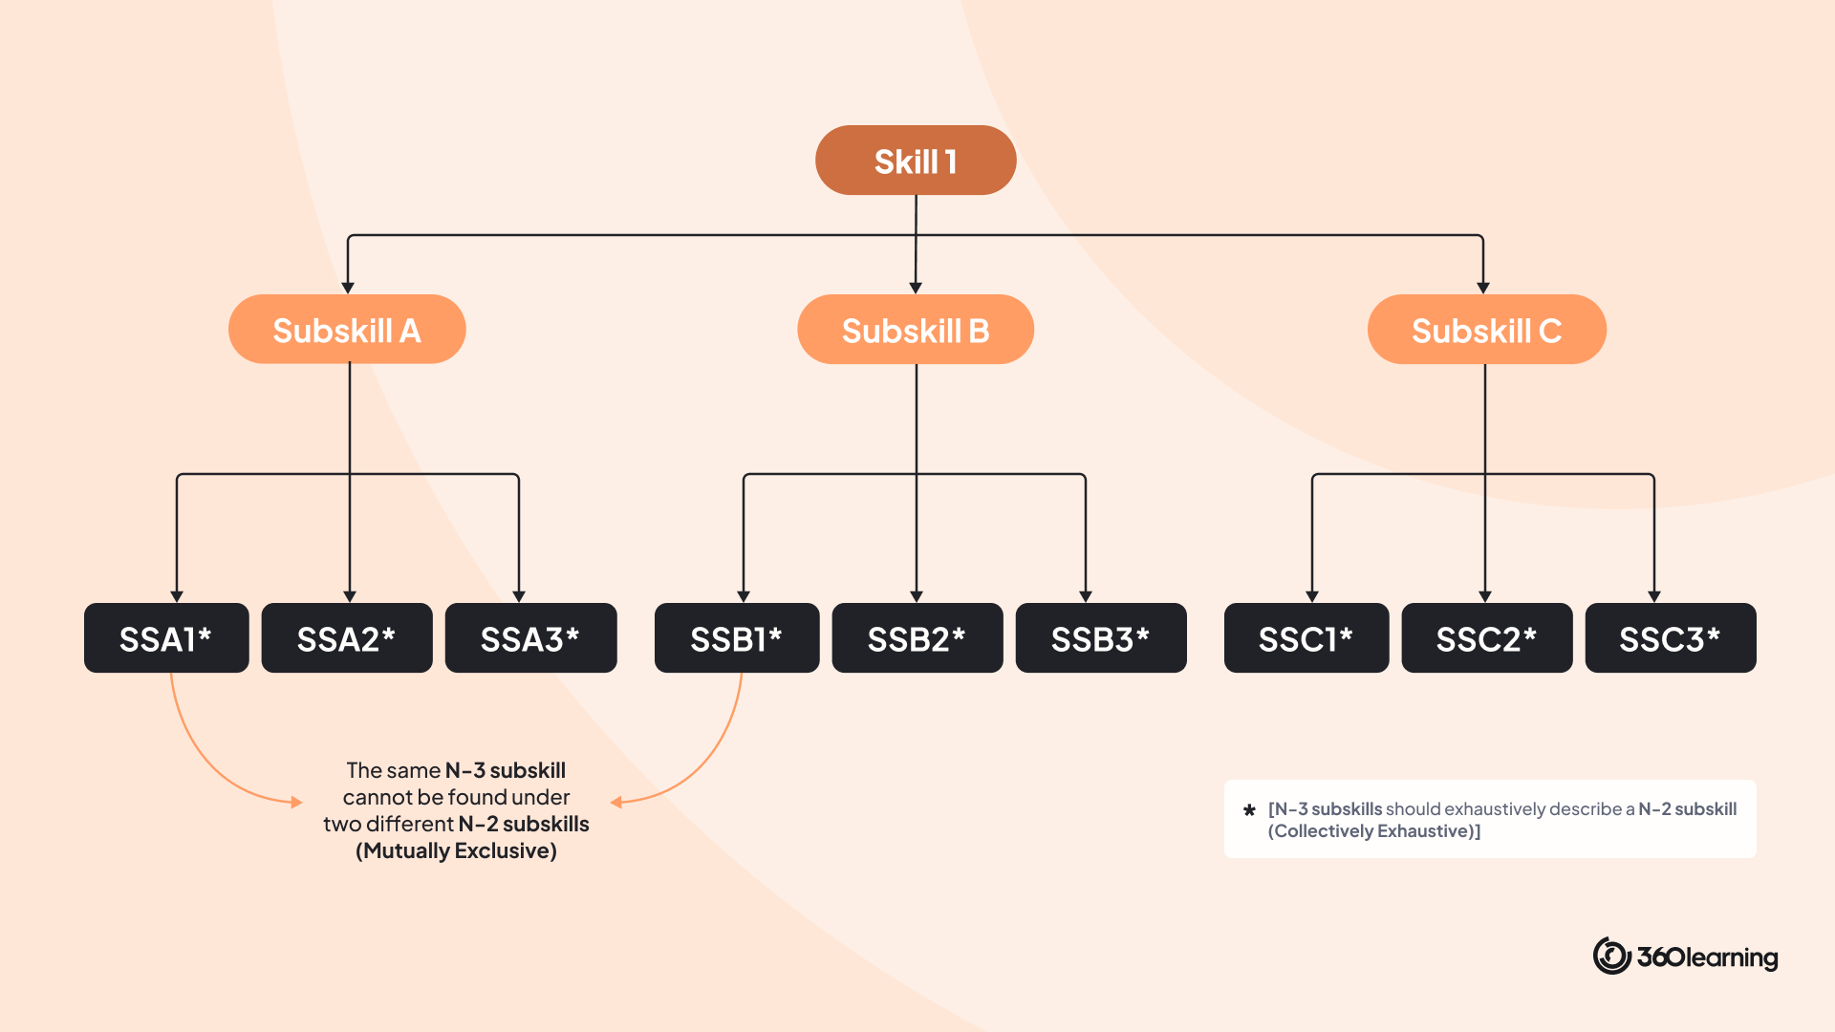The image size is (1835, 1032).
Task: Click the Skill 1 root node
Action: [x=916, y=161]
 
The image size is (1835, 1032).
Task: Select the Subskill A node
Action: [x=347, y=330]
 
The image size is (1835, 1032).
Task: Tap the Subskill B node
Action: [x=916, y=330]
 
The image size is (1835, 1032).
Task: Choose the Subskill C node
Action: [x=1486, y=330]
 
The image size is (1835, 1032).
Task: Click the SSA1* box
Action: [x=166, y=638]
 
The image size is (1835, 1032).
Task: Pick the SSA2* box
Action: [x=347, y=638]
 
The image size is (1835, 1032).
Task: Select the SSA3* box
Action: [x=530, y=638]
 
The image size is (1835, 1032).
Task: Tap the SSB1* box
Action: [x=737, y=638]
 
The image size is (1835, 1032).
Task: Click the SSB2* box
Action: [x=917, y=638]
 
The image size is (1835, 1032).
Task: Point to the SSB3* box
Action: [x=1101, y=638]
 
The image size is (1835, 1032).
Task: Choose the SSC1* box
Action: [x=1306, y=638]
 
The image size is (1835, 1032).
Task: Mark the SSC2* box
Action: [x=1487, y=638]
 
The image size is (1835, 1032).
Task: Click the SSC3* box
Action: [x=1671, y=638]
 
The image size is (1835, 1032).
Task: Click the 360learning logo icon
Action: [x=1611, y=956]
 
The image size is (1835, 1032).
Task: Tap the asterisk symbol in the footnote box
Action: [x=1249, y=810]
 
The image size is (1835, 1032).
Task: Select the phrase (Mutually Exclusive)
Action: [x=456, y=850]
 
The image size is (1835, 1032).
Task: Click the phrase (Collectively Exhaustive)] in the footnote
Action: [x=1374, y=831]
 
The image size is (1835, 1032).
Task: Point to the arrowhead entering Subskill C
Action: [x=1483, y=288]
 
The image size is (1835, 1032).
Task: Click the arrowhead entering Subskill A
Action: [x=348, y=288]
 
